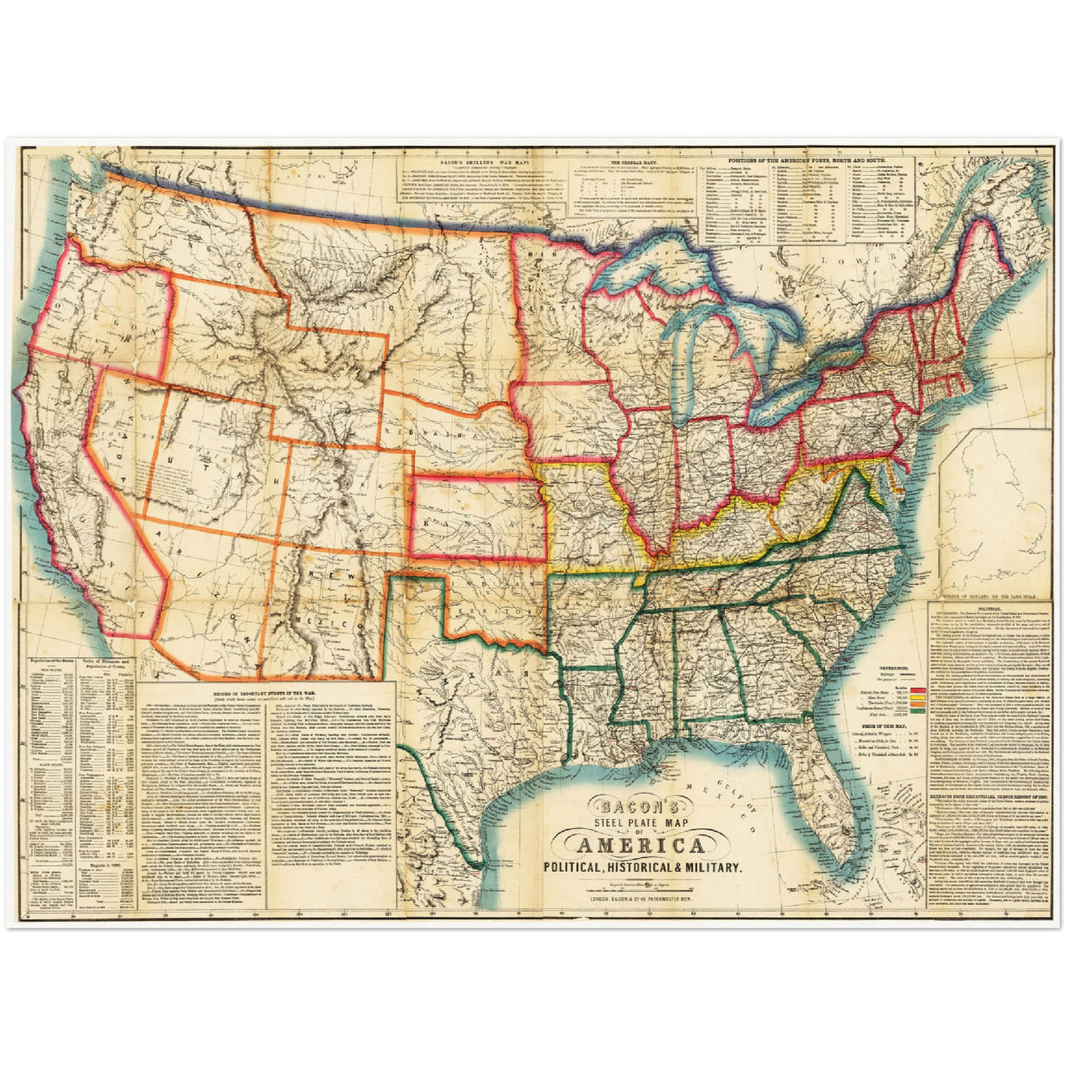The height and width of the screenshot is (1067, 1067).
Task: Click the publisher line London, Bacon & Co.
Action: pos(639,898)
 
